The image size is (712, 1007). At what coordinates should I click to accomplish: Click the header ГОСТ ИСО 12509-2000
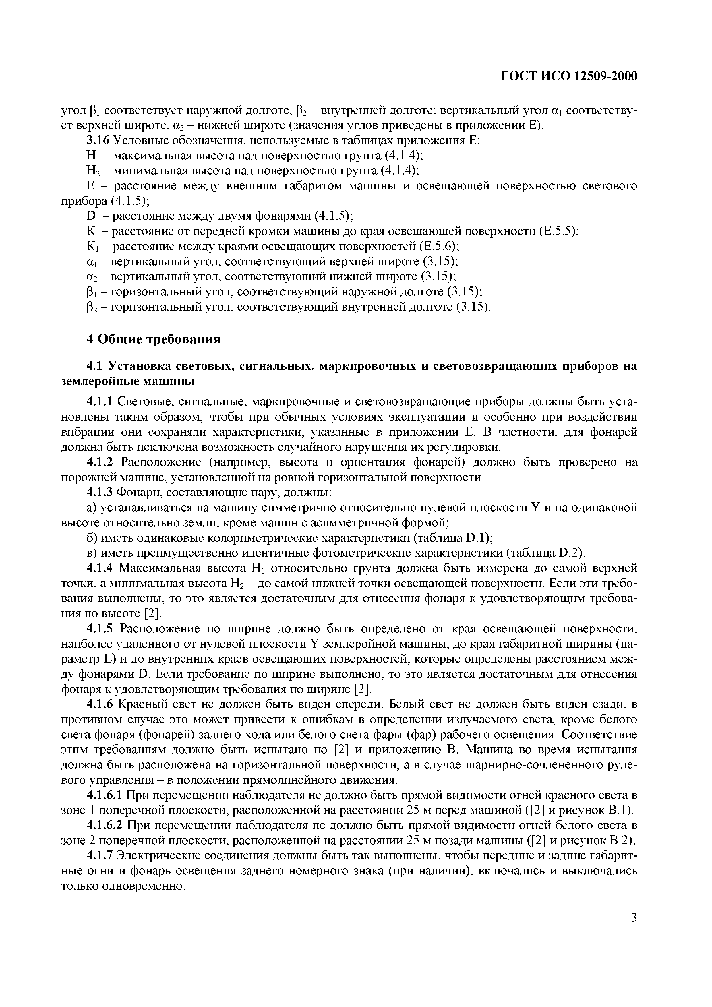pos(568,77)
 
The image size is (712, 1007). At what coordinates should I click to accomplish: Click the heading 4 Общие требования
pos(153,339)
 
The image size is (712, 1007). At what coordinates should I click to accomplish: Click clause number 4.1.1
pos(100,402)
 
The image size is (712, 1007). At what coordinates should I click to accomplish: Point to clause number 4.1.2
pos(100,462)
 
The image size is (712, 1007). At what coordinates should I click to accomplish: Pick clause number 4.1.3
pos(100,493)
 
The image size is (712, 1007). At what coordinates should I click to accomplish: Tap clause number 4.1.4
pos(100,568)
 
